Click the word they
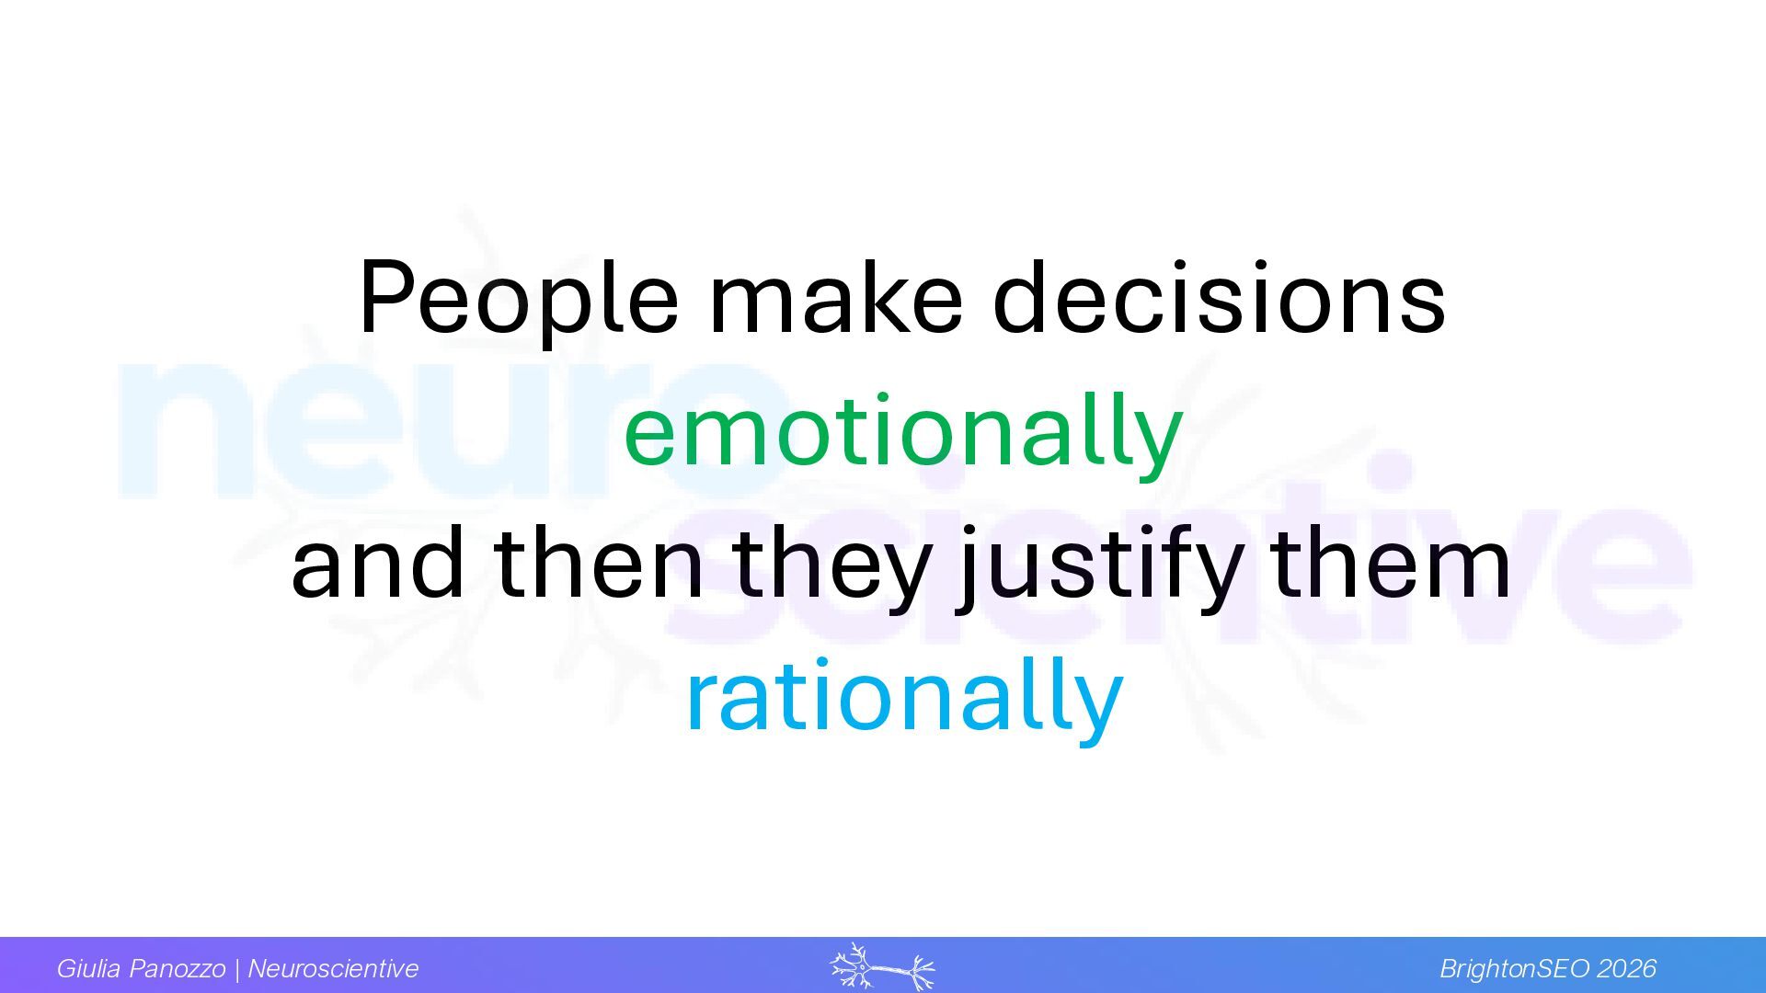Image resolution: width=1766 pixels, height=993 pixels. pyautogui.click(x=831, y=569)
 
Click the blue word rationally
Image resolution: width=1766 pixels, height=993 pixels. pyautogui.click(x=905, y=699)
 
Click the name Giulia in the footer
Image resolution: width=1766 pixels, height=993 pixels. pyautogui.click(x=89, y=968)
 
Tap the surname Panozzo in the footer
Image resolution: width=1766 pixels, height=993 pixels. pyautogui.click(x=178, y=968)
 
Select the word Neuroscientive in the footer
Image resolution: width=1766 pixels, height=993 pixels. pyautogui.click(x=333, y=968)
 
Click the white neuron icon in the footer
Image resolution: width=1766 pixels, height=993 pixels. pyautogui.click(x=882, y=966)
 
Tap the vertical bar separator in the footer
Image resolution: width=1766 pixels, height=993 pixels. pyautogui.click(x=237, y=969)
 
